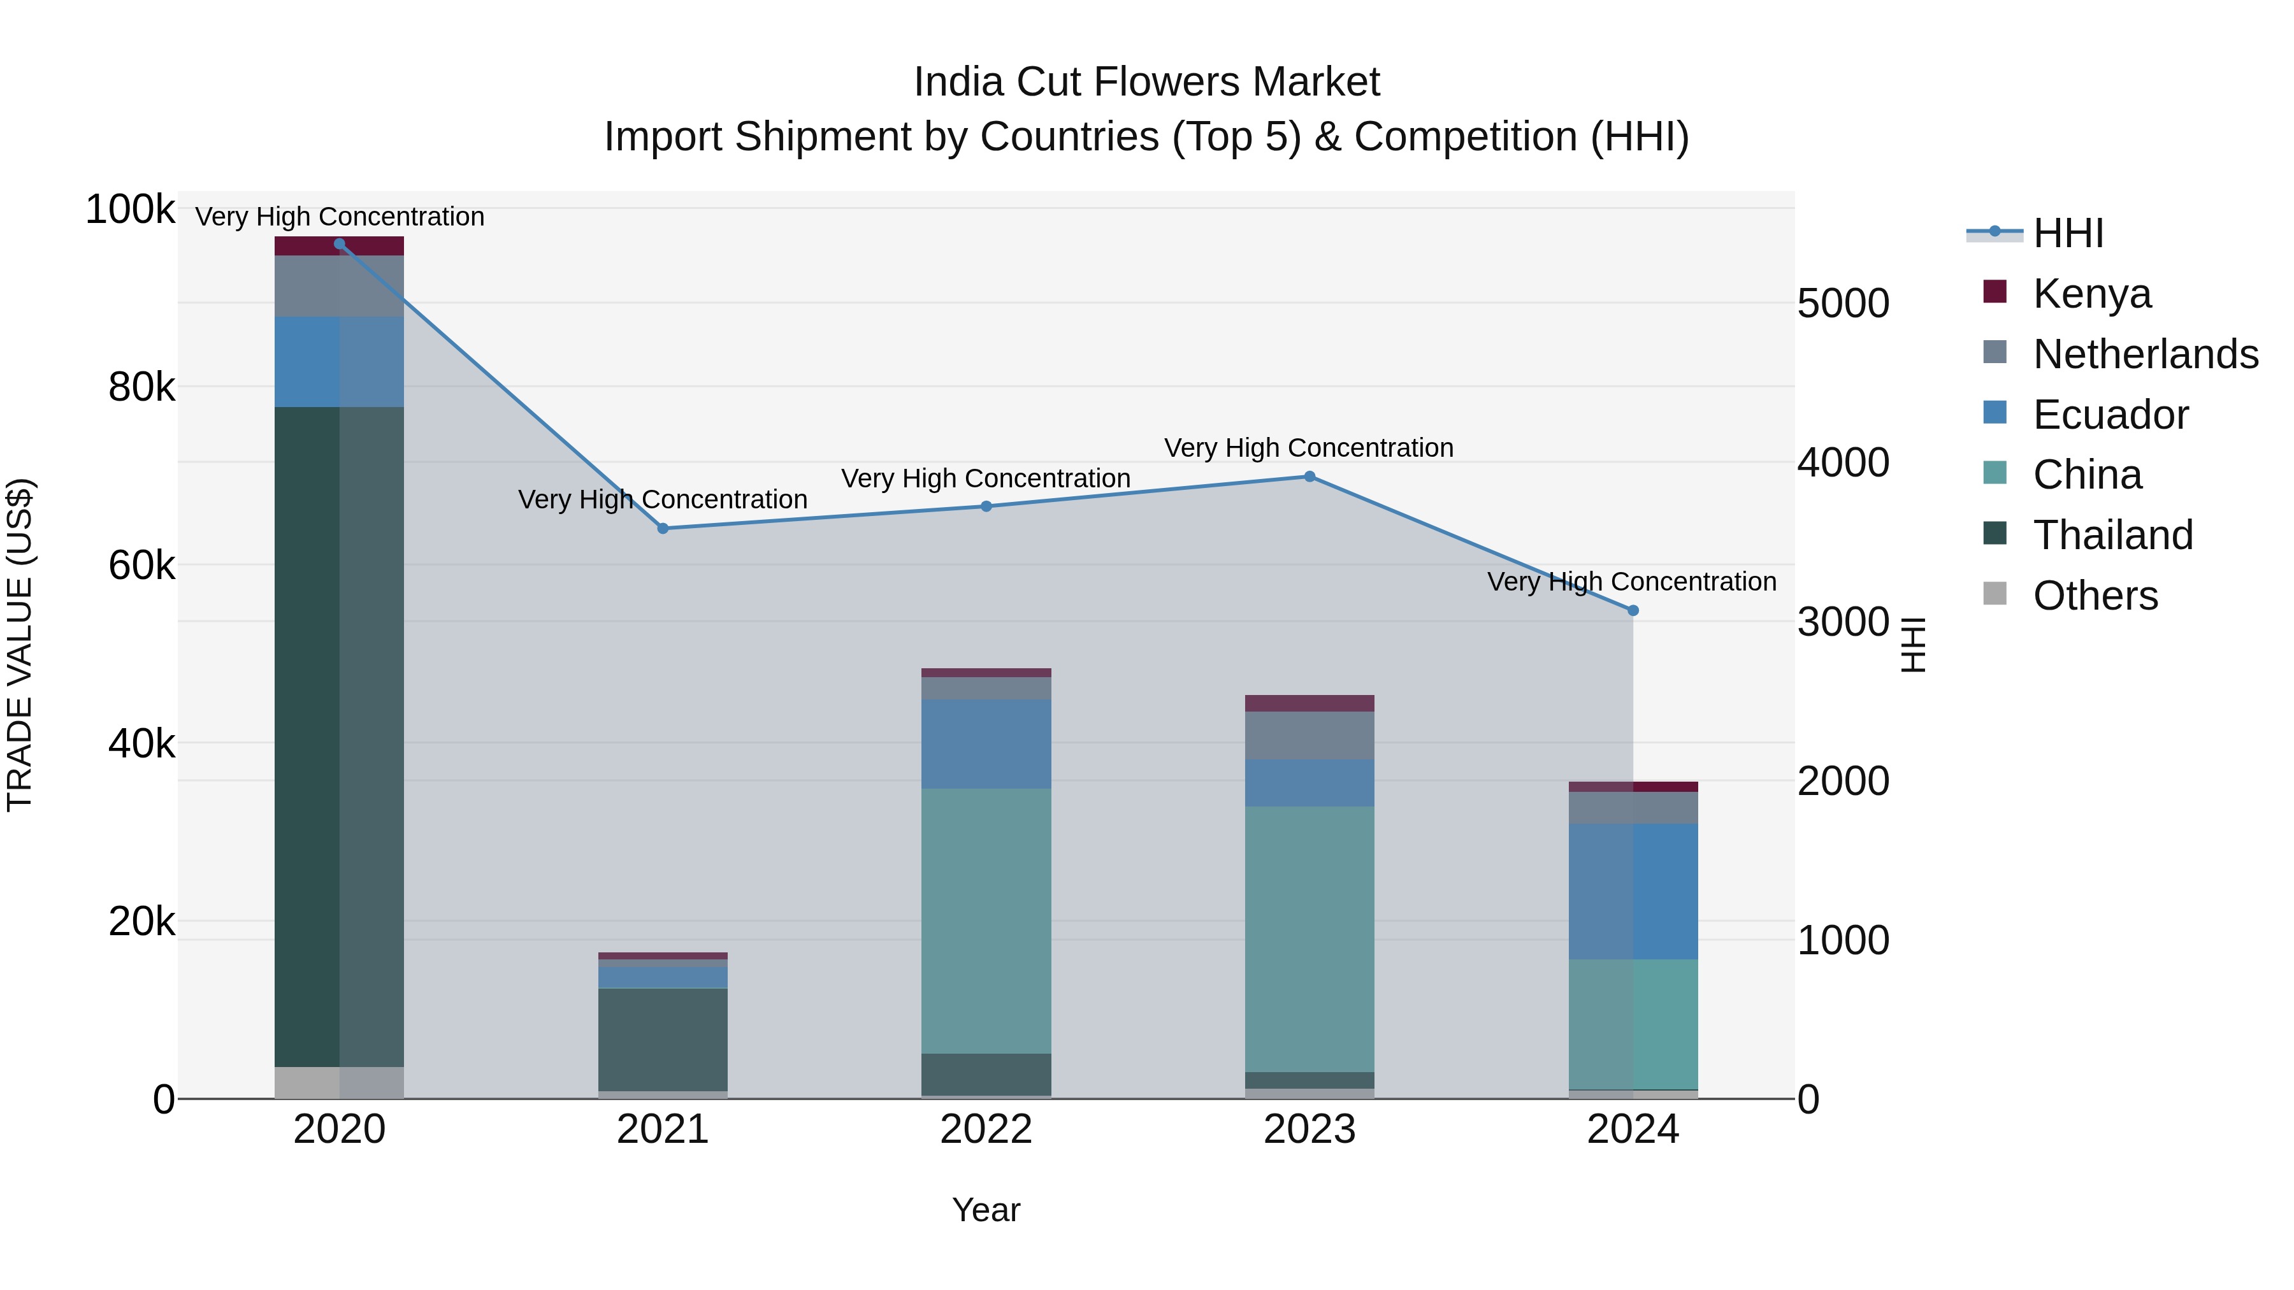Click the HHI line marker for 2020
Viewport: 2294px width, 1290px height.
(339, 244)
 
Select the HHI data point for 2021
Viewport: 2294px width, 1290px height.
(663, 529)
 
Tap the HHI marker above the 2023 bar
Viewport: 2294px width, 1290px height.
(1309, 477)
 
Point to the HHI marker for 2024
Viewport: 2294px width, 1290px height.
(1633, 611)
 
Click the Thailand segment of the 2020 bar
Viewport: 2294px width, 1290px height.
(339, 736)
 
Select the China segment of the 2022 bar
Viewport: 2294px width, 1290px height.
(986, 921)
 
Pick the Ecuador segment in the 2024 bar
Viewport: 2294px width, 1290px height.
(1633, 891)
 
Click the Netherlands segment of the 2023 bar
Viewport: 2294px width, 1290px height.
(1309, 735)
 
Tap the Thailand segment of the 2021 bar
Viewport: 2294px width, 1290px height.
(663, 1039)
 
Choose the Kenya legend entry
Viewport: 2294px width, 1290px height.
(2091, 294)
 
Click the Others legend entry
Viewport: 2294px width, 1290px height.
(2095, 596)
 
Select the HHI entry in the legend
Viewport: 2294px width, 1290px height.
(2068, 233)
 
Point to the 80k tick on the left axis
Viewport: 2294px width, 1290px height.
(141, 387)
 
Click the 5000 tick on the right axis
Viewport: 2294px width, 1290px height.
(1842, 304)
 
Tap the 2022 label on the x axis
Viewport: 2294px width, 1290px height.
(986, 1129)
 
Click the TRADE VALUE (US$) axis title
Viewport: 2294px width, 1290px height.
(20, 645)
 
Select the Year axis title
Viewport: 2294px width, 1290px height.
(986, 1210)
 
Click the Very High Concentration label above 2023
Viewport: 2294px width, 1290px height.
(1308, 448)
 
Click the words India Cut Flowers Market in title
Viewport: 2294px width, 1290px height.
(1146, 82)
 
